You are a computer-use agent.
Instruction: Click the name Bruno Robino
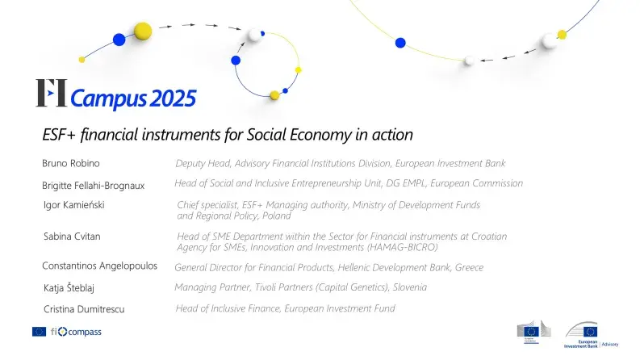70,164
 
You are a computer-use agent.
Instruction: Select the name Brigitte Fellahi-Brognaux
93,186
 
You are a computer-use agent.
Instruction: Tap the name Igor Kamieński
74,205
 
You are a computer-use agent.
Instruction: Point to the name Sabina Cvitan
72,237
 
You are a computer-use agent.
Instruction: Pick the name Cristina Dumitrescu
84,308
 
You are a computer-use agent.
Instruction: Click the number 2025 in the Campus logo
172,99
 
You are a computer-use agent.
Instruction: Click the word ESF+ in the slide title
57,134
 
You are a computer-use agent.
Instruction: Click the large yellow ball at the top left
143,31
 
